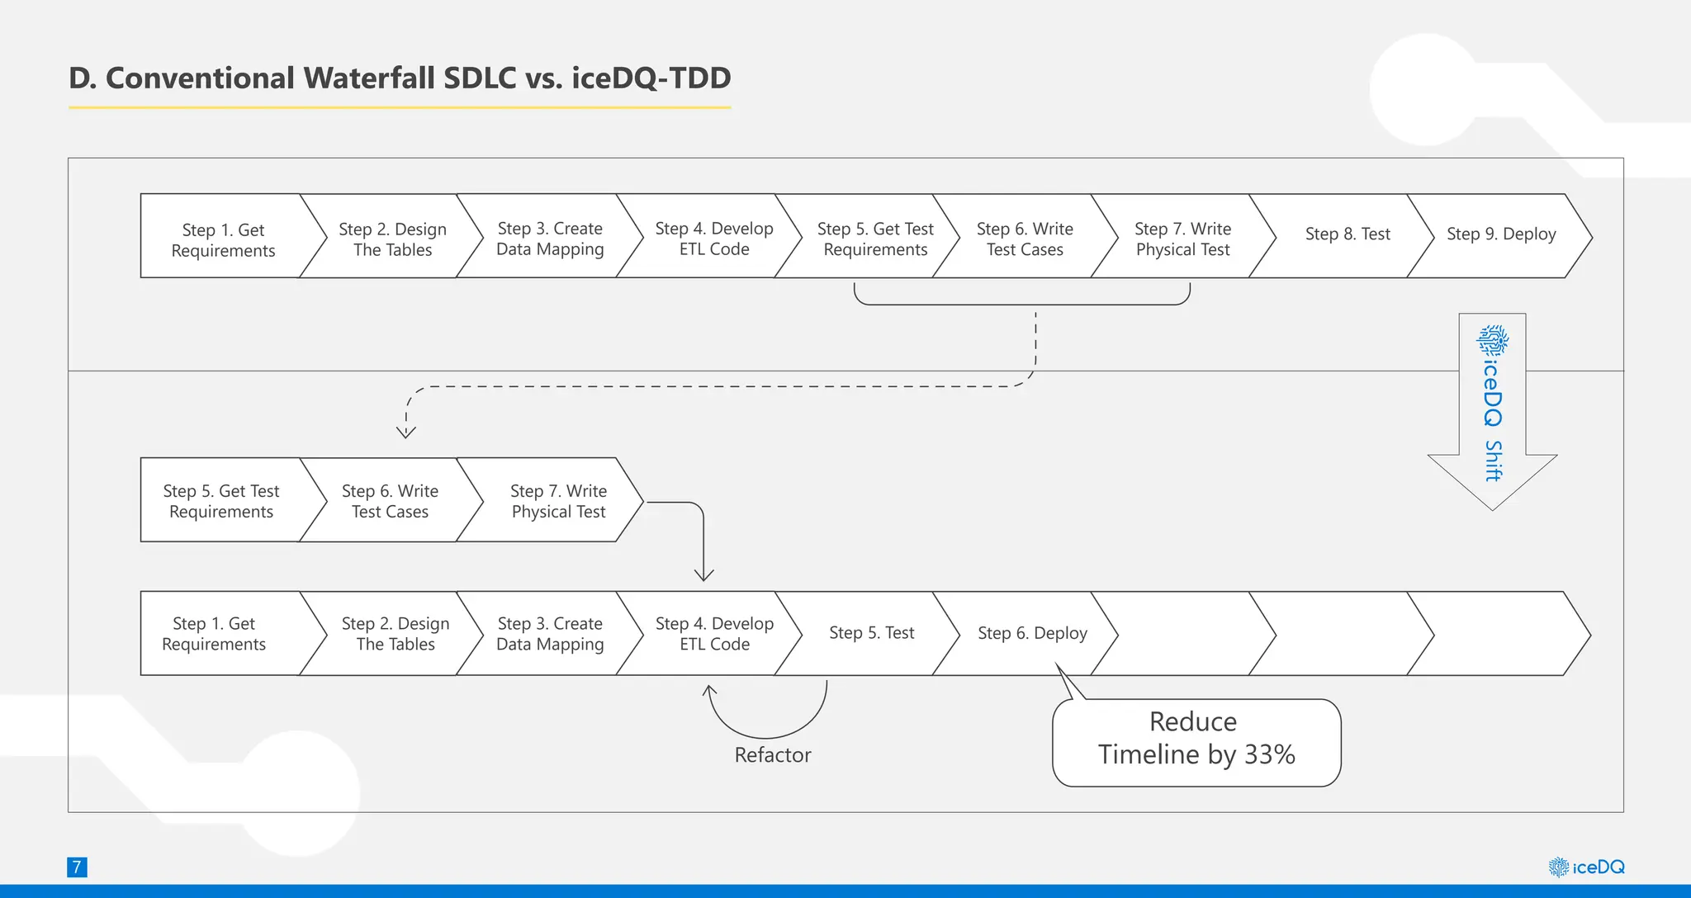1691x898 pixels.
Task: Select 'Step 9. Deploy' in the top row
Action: click(x=1500, y=235)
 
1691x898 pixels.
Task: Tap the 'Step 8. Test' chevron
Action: click(x=1347, y=235)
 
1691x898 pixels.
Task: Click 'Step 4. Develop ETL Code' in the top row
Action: click(x=713, y=239)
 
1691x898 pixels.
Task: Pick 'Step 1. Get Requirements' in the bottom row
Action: click(x=214, y=634)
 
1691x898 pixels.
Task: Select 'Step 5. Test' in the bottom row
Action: click(x=871, y=633)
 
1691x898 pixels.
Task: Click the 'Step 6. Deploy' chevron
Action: click(x=1031, y=633)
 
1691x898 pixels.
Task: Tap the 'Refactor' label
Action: click(x=772, y=755)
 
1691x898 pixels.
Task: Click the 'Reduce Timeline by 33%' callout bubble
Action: click(x=1196, y=742)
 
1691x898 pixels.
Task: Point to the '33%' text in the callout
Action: click(x=1269, y=755)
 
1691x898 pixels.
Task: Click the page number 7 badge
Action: click(x=77, y=867)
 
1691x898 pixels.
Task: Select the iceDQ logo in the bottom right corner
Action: click(x=1586, y=867)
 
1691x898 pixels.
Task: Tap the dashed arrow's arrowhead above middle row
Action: click(x=405, y=432)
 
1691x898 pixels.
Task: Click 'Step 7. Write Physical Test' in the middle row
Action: click(x=557, y=501)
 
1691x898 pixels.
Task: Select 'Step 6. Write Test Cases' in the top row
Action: click(x=1024, y=239)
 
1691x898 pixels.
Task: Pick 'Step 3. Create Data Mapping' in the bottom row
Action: click(x=550, y=634)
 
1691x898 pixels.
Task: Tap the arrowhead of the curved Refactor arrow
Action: click(x=709, y=689)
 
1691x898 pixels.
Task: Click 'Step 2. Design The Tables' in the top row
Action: click(x=392, y=239)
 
